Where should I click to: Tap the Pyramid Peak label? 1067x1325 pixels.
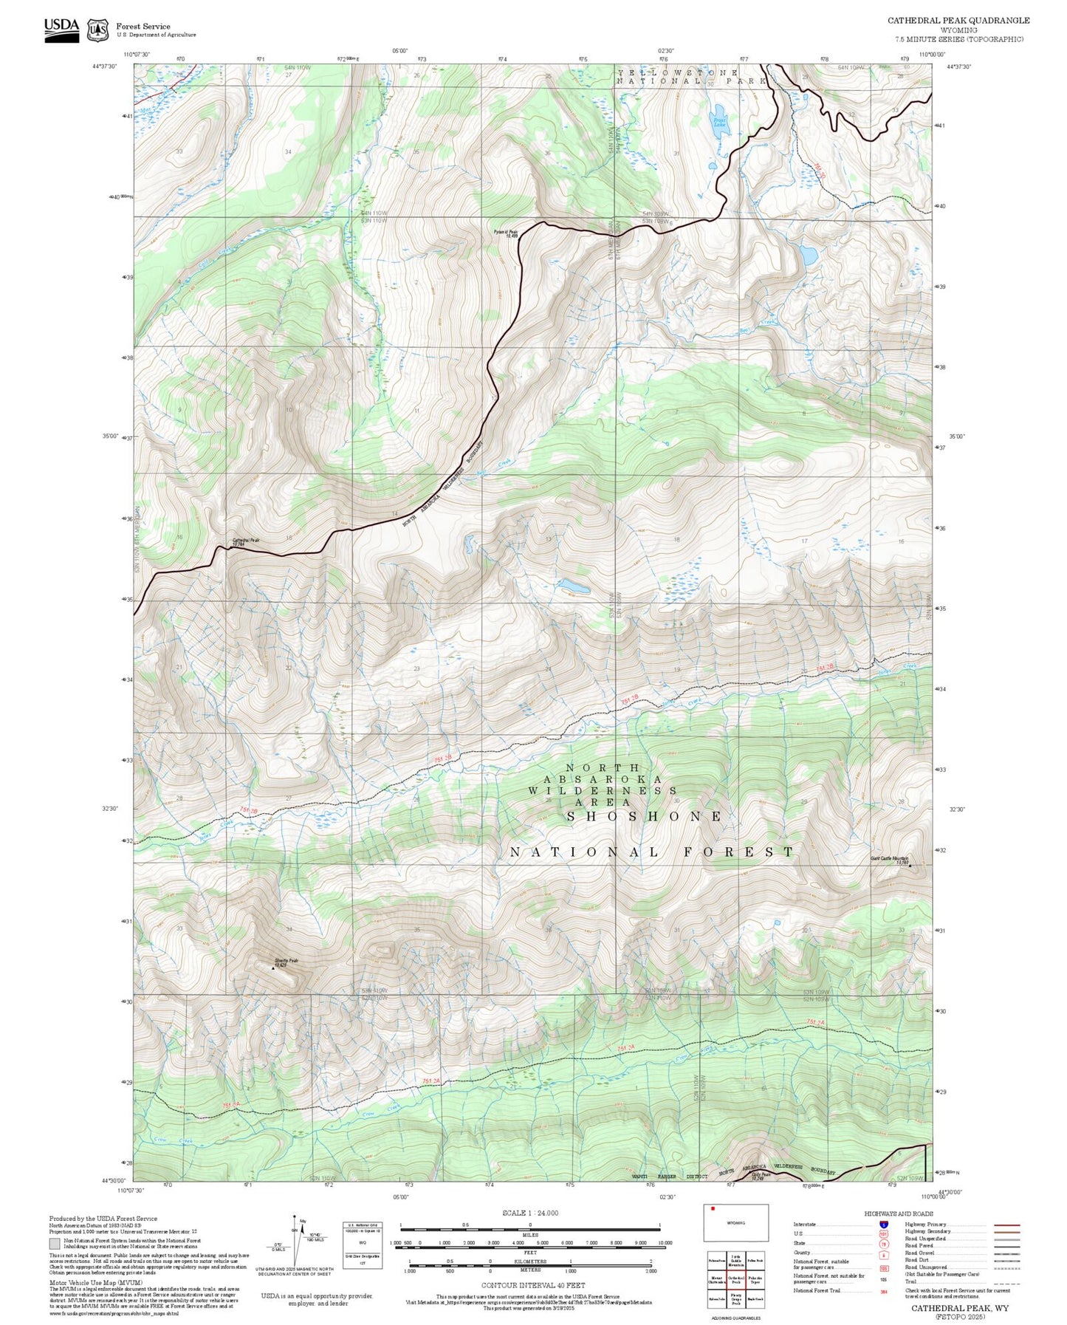tap(506, 233)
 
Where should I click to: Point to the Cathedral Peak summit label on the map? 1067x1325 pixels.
tap(246, 541)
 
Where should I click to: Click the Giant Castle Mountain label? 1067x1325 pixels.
tap(889, 860)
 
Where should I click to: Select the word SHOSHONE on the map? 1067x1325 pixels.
tap(644, 816)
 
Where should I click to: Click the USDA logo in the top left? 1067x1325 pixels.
tap(61, 30)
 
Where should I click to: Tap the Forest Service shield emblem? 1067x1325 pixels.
tap(97, 30)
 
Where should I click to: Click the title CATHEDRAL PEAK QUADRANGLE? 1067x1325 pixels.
tap(958, 20)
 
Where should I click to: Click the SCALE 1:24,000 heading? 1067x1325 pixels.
tap(530, 1213)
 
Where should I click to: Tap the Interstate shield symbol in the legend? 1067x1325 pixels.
tap(883, 1225)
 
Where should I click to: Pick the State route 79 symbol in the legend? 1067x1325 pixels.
tap(883, 1243)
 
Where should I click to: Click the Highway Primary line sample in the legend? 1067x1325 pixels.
tap(1007, 1225)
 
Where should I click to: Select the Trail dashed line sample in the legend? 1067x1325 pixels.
tap(1007, 1283)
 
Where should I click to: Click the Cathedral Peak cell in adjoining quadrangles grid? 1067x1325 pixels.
tap(735, 1280)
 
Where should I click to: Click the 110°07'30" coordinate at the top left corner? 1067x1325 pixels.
tap(137, 54)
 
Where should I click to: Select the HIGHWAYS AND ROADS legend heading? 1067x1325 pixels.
tap(899, 1213)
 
